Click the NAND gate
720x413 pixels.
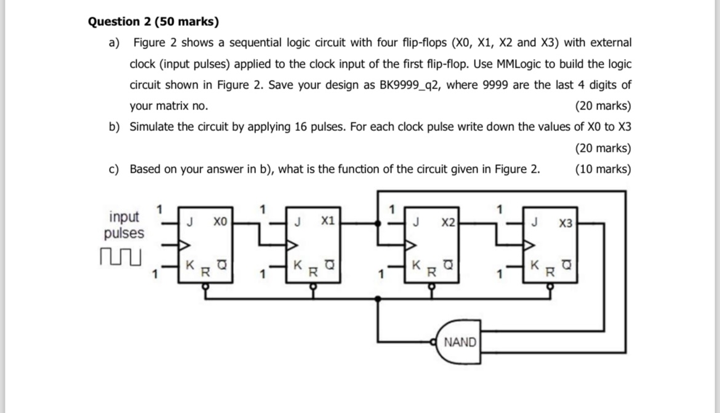click(x=459, y=342)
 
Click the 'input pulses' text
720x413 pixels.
click(x=124, y=225)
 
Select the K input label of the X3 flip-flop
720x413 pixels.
click(x=535, y=265)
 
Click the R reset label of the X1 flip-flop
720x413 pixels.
click(x=313, y=270)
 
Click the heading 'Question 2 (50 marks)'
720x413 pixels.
click(x=153, y=22)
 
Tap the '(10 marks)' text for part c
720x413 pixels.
click(x=602, y=169)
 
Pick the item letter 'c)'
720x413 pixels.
click(x=114, y=169)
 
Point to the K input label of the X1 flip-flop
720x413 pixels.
click(x=298, y=265)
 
